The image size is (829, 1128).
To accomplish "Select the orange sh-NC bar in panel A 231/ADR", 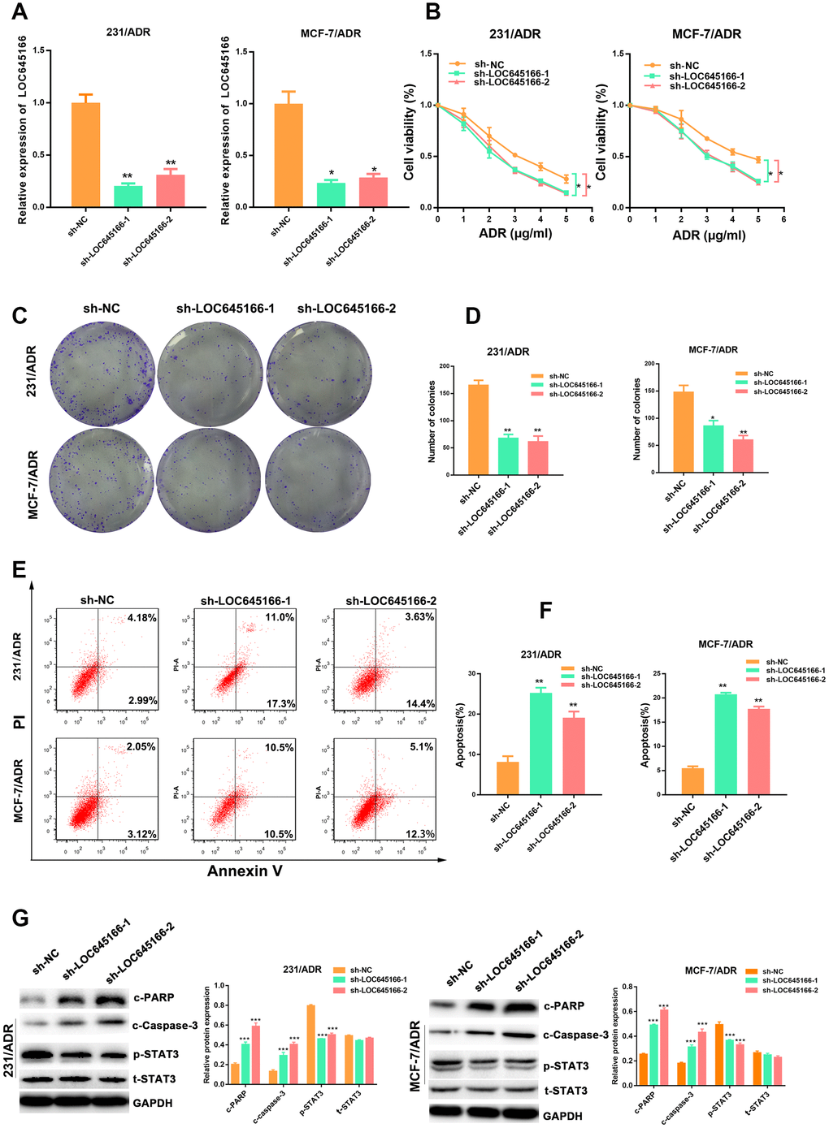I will point(85,154).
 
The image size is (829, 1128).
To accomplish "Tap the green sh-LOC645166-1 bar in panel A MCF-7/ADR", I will point(331,195).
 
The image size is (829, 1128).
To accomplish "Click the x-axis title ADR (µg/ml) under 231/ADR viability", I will point(514,234).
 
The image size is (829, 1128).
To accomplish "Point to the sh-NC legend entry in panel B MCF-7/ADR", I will point(684,66).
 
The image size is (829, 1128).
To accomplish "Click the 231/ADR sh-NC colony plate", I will point(102,374).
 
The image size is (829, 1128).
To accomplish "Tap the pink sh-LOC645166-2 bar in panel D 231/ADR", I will point(538,457).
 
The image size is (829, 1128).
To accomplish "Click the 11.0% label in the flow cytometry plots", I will point(279,617).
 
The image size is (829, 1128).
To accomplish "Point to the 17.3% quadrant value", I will point(280,703).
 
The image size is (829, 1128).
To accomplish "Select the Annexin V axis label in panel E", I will point(245,871).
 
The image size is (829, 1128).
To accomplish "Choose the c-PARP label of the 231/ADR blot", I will point(154,997).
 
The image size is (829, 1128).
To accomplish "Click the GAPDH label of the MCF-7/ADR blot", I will point(562,1116).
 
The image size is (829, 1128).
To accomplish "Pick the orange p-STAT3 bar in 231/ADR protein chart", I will point(311,1044).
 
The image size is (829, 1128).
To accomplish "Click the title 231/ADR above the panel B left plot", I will point(514,34).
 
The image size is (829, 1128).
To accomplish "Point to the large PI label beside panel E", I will point(20,720).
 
